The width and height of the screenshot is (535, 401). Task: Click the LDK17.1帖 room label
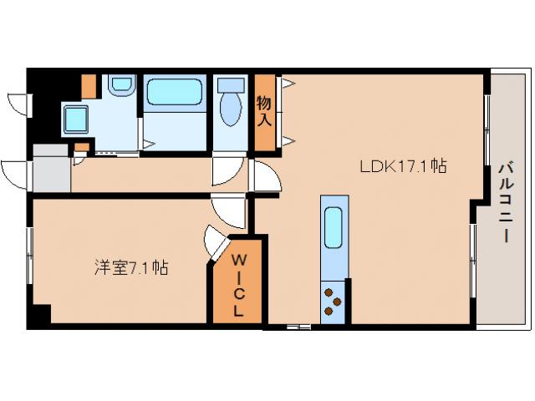tap(403, 166)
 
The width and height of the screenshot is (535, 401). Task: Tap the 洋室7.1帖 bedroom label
tap(131, 267)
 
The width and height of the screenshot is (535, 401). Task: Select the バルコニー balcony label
tap(507, 203)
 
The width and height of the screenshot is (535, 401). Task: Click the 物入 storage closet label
tap(264, 111)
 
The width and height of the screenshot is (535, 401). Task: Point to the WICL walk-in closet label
tap(238, 286)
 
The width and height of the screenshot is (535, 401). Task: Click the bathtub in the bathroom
tap(175, 92)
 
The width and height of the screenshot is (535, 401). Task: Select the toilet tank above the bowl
tap(231, 85)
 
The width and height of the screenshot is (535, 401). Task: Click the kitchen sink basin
tap(334, 227)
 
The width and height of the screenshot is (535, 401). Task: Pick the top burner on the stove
tap(329, 293)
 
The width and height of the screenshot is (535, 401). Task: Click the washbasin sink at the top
tap(122, 84)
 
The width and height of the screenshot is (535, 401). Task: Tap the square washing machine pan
tap(76, 119)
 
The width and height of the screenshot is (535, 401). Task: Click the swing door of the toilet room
tap(228, 170)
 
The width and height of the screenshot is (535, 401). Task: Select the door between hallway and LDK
tap(266, 175)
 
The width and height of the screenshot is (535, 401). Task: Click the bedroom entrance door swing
tap(228, 211)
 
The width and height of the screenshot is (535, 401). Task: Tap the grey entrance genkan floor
tap(52, 169)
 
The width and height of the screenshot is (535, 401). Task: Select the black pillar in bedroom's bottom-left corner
tap(42, 314)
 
